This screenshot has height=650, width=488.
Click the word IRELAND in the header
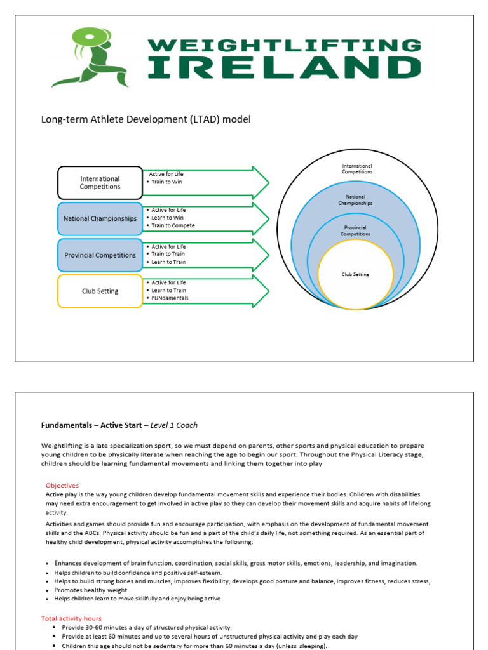coord(283,67)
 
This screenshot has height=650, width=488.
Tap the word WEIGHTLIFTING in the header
coord(284,44)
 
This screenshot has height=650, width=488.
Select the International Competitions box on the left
coord(100,183)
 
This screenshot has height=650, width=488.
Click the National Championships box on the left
coord(100,218)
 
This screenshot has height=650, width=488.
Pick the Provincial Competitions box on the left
coord(100,255)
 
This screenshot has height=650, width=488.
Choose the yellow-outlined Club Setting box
coord(100,291)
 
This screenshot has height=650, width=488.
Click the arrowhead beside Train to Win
coord(260,183)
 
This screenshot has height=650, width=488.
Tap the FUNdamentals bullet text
coord(170,298)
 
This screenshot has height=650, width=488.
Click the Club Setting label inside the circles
coord(355,275)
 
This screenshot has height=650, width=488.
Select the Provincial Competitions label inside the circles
coord(355,230)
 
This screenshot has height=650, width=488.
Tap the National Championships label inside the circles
coord(355,200)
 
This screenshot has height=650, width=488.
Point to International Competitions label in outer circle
coord(356,169)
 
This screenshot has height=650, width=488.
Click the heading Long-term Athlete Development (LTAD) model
coord(146,119)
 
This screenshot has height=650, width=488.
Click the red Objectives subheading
coord(62,486)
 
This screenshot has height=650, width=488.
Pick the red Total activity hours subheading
coord(71,618)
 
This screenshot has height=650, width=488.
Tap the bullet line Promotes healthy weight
coord(91,590)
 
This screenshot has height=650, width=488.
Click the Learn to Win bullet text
coord(168,218)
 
